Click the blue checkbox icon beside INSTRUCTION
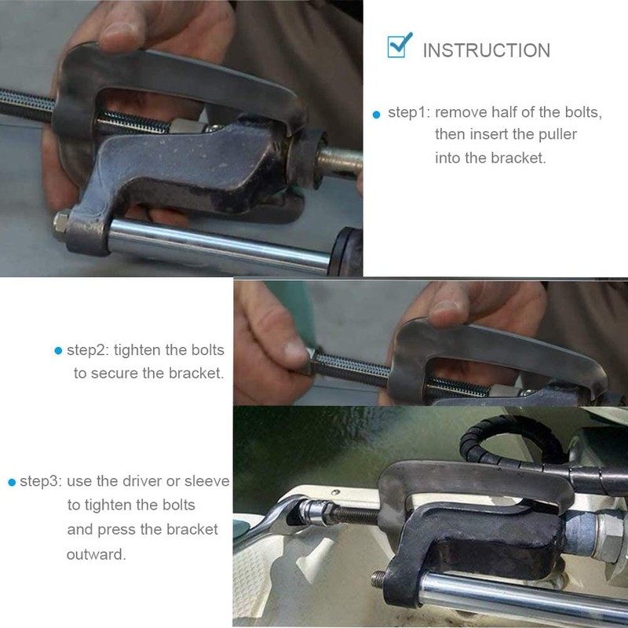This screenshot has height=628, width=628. point(400,46)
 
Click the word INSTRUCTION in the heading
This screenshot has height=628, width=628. point(486,51)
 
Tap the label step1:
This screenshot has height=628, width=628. point(408,112)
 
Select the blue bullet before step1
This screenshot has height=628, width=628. point(376,115)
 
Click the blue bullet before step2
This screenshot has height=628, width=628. point(58,351)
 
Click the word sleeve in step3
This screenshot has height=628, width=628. point(206,481)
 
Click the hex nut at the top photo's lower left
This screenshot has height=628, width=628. point(61,224)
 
